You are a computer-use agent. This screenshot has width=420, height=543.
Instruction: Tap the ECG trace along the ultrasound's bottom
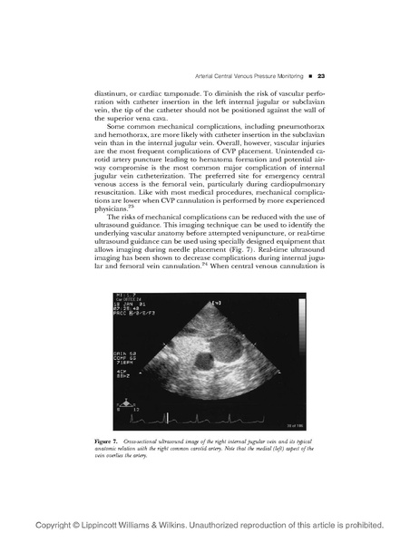tap(209, 415)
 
